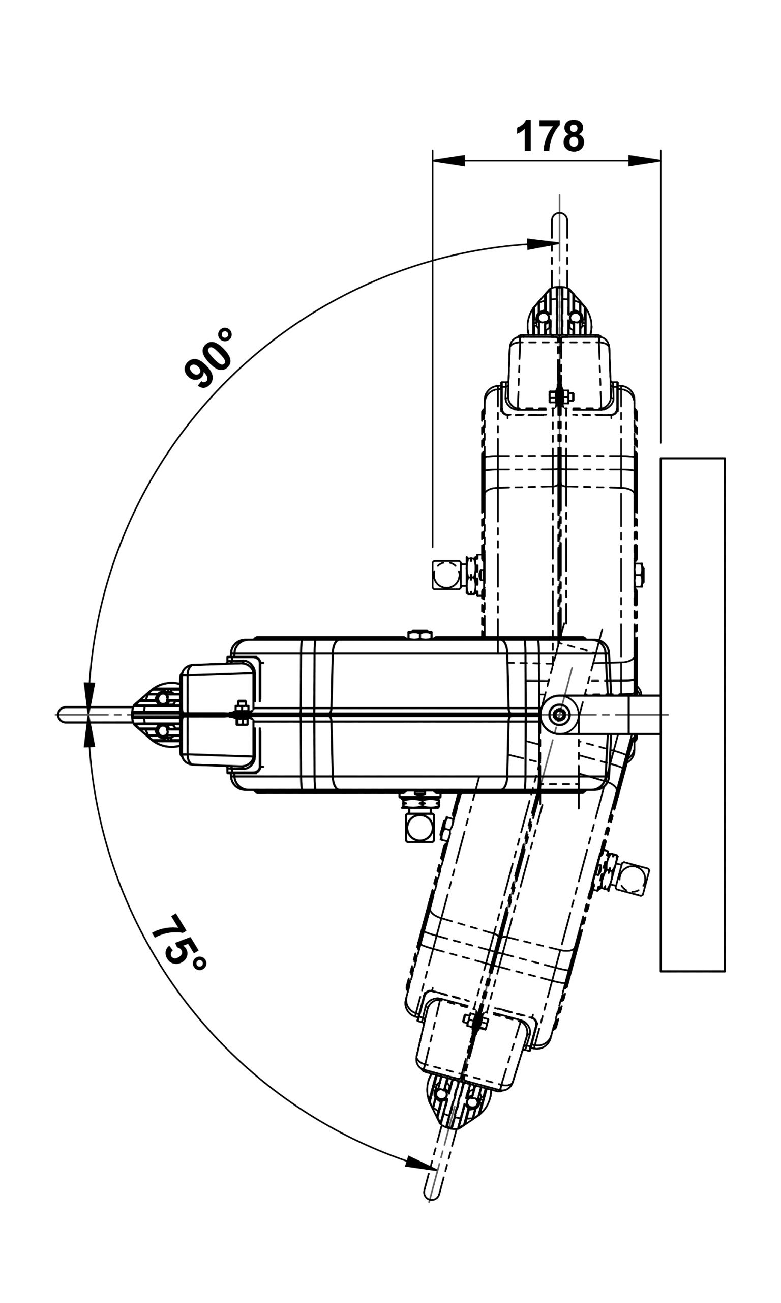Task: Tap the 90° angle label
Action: click(209, 358)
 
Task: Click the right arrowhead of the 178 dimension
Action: click(644, 161)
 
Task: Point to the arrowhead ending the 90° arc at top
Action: click(542, 243)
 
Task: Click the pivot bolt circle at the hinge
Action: click(559, 715)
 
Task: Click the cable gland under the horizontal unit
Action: click(419, 827)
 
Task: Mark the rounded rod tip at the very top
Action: click(559, 218)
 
